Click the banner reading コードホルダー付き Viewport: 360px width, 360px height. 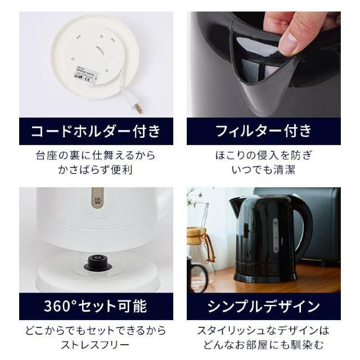(x=96, y=131)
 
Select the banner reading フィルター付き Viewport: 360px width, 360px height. (x=264, y=131)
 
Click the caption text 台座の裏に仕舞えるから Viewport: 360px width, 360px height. (x=96, y=155)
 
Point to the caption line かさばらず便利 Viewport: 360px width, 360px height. (x=96, y=169)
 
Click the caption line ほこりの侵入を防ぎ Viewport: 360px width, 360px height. (x=264, y=155)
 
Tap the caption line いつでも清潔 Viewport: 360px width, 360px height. (x=264, y=169)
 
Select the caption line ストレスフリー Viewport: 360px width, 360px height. (x=96, y=344)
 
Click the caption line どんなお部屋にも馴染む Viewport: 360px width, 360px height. (x=264, y=344)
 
